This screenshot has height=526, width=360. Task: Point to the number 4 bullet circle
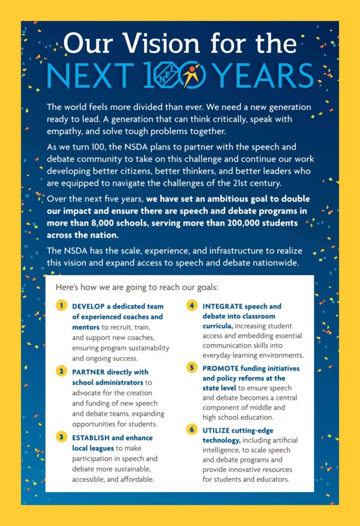[x=192, y=306]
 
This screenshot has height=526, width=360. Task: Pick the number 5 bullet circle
[x=192, y=368]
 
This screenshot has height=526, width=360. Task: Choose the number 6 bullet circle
[x=192, y=429]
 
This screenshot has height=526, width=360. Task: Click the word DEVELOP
[x=88, y=307]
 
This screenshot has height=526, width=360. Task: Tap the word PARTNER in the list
[x=88, y=372]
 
